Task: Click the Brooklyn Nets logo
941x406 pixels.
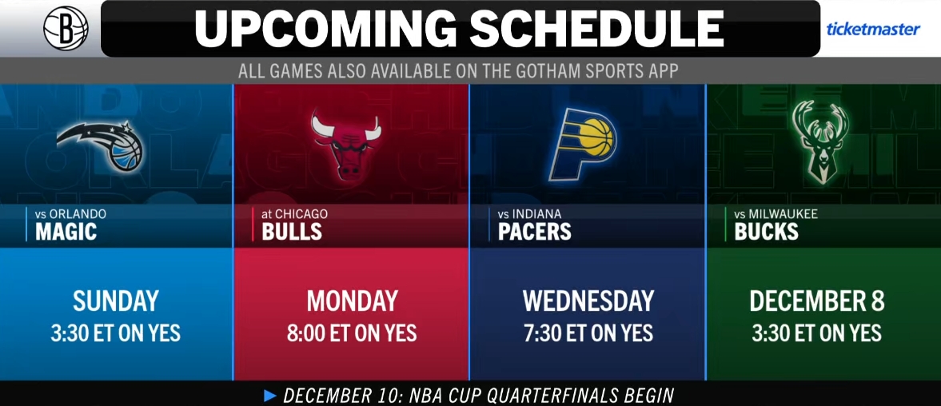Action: point(66,28)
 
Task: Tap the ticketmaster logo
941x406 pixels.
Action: point(873,29)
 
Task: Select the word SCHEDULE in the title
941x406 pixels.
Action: point(596,29)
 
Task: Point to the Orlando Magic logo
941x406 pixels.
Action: point(101,145)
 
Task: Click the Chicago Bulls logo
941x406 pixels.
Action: point(346,144)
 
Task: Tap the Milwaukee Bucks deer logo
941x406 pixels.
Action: point(819,141)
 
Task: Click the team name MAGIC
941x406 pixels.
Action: point(66,232)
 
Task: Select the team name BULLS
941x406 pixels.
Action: point(292,232)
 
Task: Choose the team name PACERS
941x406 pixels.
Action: point(535,232)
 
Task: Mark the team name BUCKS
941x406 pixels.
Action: point(767,232)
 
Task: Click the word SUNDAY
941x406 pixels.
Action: point(116,301)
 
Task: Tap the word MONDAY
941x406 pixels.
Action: point(353,301)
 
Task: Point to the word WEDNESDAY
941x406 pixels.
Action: point(588,301)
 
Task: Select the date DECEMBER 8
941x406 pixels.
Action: point(817,301)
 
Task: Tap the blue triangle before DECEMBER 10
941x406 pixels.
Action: point(271,396)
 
